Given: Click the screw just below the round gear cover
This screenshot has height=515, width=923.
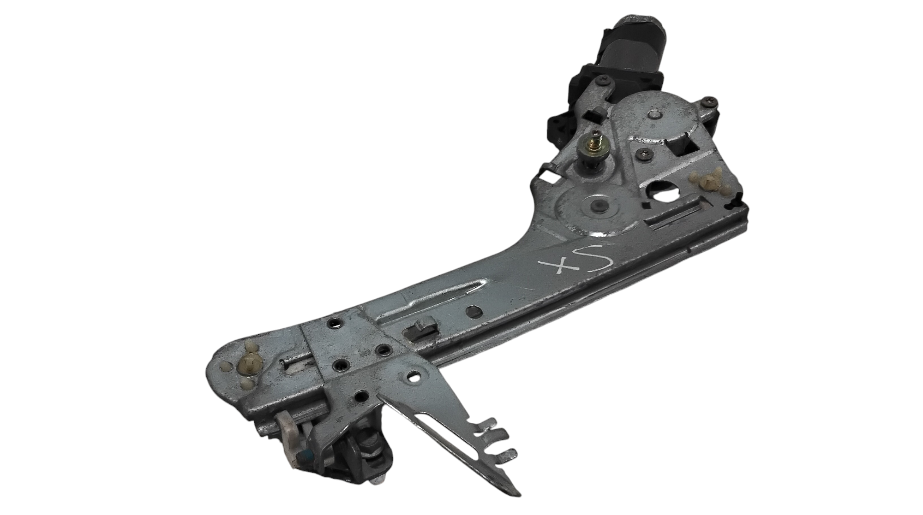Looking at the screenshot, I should [x=641, y=154].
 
